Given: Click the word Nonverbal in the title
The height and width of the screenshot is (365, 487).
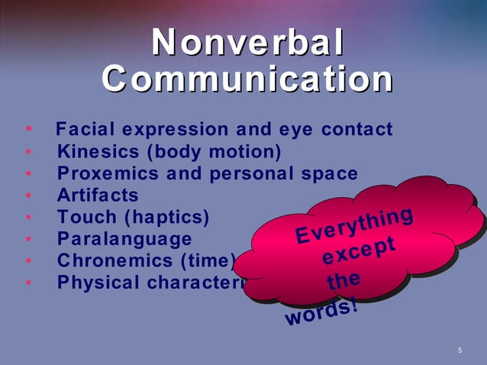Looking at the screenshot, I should (x=247, y=43).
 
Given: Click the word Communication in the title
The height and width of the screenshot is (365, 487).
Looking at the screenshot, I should (x=247, y=79).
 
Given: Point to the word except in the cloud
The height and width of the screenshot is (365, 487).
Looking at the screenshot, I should (x=358, y=251).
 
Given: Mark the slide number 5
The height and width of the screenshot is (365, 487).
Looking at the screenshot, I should (x=460, y=350).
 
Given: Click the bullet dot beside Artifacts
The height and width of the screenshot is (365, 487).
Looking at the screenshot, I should (x=28, y=196).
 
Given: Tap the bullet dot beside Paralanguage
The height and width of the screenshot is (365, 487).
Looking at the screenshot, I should (x=28, y=240).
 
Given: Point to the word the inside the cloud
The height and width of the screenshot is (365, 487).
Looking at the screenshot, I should (x=341, y=282).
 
